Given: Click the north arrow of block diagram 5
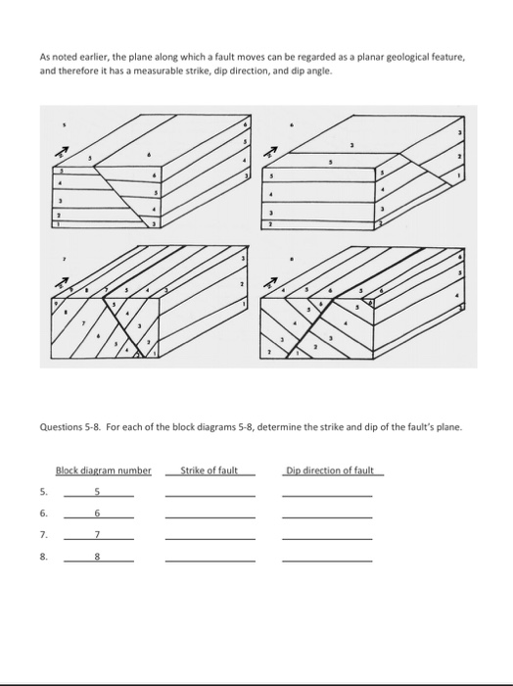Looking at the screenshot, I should coord(62,152).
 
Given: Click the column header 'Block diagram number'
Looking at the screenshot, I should coord(104,470).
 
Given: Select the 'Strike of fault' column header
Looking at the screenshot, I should coord(210,470).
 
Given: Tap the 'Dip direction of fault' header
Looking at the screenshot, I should coord(330,470).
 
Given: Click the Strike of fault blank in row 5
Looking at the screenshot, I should coord(210,493).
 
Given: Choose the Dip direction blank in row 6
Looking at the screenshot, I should coord(327,514).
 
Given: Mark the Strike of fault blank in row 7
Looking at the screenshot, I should coord(210,537).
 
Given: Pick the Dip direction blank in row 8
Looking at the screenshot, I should coord(327,559).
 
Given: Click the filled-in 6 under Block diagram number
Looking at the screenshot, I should coord(98,514).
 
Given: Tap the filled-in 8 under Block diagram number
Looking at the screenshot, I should coord(98,557).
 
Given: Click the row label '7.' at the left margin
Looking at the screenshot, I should coord(43,536).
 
